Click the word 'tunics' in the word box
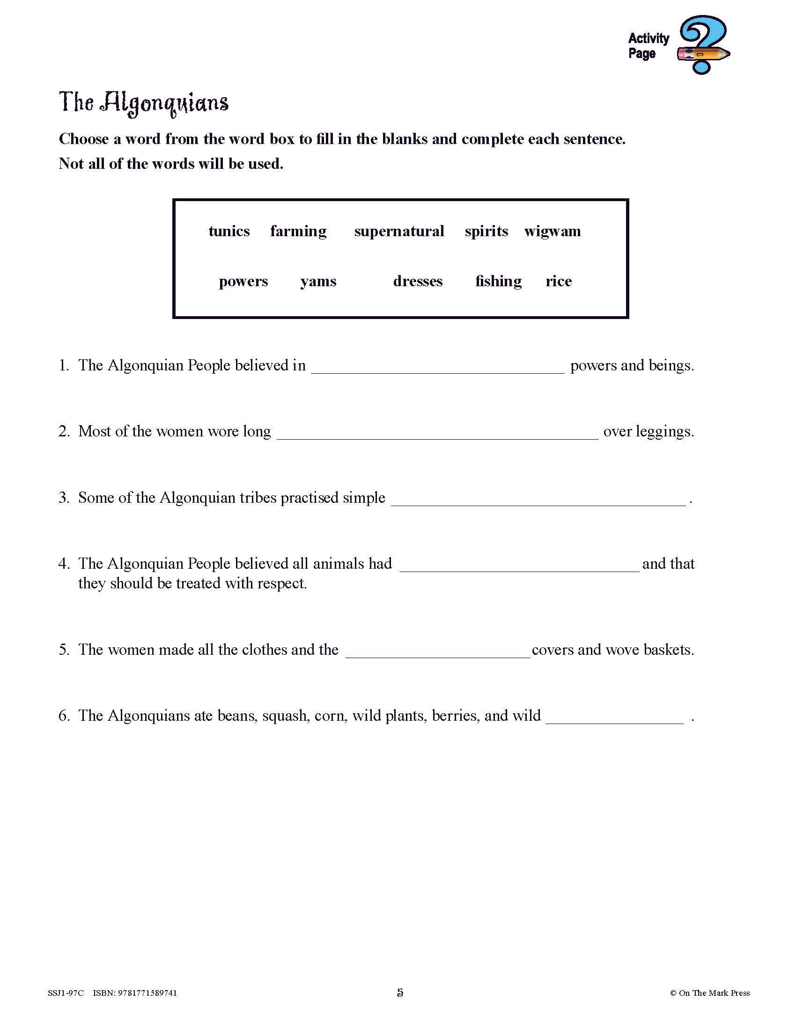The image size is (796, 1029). coord(229,232)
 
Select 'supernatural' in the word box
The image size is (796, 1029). coord(399,232)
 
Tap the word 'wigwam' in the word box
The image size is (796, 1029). coord(552,232)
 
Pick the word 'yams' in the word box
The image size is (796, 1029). coord(318,282)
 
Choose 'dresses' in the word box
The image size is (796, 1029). coord(418,281)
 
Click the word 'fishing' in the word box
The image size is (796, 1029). coord(499,281)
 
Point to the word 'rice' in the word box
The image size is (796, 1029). coord(558,281)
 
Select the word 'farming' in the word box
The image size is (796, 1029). coord(298,232)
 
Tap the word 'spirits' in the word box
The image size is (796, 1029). coord(486,232)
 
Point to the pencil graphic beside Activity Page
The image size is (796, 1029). coord(703,54)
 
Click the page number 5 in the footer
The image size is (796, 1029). coord(400,993)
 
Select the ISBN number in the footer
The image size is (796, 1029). coord(135,993)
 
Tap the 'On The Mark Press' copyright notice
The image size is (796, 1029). coord(710,993)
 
